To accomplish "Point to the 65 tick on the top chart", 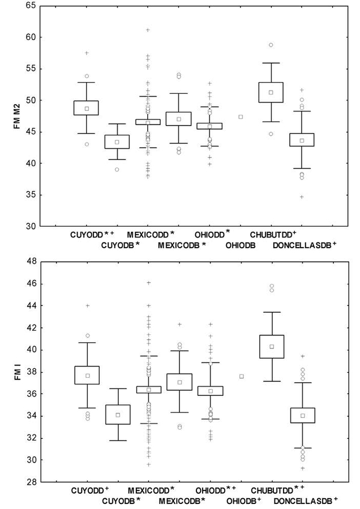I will point(31,6).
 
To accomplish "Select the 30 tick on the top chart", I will point(31,226).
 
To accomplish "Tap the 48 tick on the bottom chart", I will point(31,262).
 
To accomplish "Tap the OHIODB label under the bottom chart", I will point(240,501).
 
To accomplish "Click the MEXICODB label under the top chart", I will point(178,245).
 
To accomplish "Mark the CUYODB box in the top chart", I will point(117,141).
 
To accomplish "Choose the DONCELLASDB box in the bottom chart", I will point(303,415).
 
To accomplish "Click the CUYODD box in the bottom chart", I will point(87,375).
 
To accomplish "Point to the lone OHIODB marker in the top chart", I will point(241,117).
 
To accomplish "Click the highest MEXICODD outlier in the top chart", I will point(148,30).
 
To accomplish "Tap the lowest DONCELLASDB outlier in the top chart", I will point(302,197).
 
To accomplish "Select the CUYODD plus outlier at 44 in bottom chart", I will point(87,306).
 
